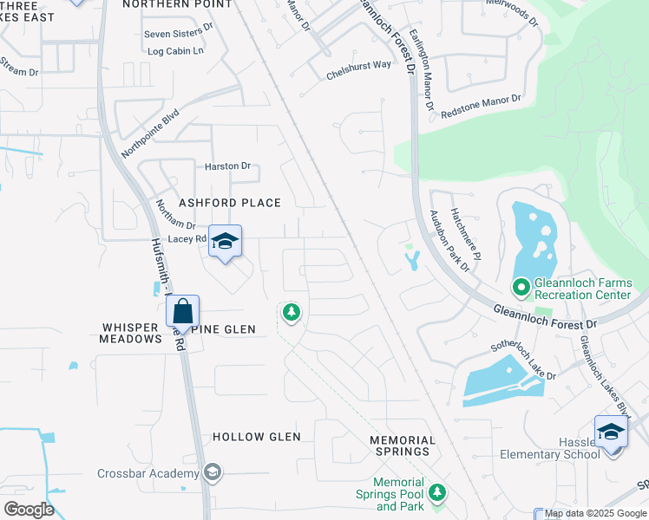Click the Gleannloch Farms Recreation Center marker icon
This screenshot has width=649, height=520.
(521, 285)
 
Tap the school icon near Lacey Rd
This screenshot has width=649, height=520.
(225, 242)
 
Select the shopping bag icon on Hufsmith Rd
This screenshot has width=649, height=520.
(183, 311)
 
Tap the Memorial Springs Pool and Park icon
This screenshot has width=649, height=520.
(438, 492)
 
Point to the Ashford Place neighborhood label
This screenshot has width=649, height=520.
(230, 203)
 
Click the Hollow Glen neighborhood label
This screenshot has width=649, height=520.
(257, 437)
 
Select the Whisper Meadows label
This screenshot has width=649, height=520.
(133, 334)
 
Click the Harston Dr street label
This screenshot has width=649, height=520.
(227, 166)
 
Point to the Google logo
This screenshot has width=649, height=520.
(29, 510)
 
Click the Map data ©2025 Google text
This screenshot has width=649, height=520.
(595, 514)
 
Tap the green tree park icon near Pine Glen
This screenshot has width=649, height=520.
(292, 311)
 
